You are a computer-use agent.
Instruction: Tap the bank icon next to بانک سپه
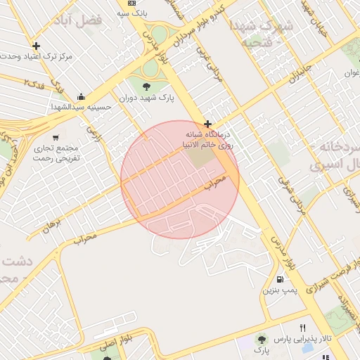point(131,4)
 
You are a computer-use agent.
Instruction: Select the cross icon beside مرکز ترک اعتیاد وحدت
point(36,46)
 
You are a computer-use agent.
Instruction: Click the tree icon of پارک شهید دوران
point(146,86)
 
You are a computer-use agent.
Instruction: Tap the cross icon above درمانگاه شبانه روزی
point(207,124)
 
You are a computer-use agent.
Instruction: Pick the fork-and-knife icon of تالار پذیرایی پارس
point(303,328)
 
